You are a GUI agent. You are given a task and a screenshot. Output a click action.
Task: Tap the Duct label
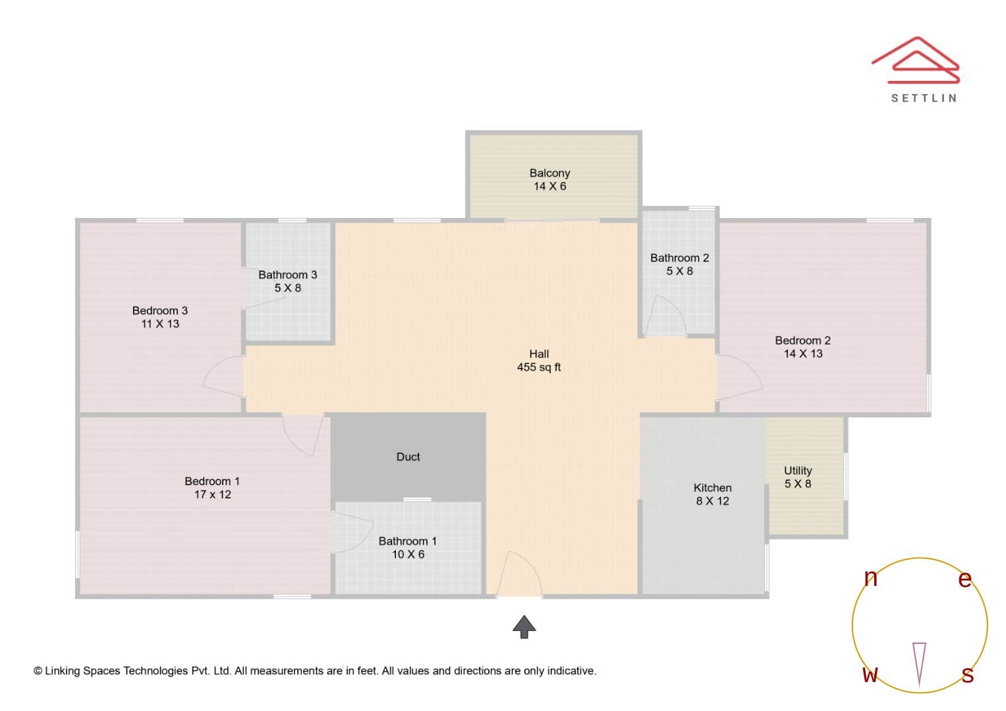click(408, 457)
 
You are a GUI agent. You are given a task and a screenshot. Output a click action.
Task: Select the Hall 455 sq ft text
click(538, 361)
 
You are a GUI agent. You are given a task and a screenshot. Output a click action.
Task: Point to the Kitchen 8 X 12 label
click(712, 494)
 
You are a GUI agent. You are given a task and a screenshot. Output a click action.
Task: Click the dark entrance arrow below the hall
click(524, 627)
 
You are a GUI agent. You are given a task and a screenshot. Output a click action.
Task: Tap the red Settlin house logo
click(916, 61)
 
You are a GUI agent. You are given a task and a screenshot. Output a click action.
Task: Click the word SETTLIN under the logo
click(924, 98)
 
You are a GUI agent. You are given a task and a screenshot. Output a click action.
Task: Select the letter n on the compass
click(870, 578)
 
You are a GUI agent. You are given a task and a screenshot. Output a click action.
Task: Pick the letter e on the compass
click(964, 579)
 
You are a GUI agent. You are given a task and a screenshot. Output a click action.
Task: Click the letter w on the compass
click(870, 674)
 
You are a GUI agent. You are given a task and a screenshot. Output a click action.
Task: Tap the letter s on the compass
click(967, 674)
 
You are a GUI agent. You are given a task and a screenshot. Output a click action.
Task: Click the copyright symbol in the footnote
click(38, 671)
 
